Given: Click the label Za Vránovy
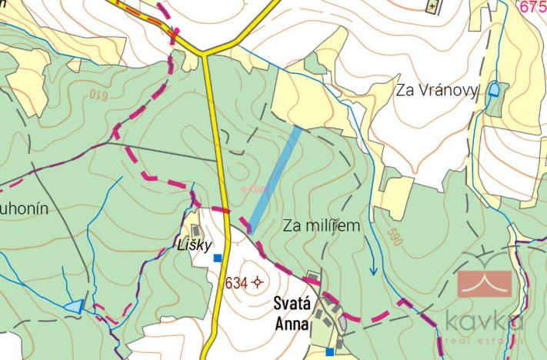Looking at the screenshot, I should pyautogui.click(x=437, y=90).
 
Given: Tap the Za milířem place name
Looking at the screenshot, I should pyautogui.click(x=322, y=225).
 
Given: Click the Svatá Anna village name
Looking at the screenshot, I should pyautogui.click(x=292, y=314).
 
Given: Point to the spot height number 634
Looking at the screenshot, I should pyautogui.click(x=236, y=283).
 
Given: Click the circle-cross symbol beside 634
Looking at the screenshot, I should pyautogui.click(x=257, y=283).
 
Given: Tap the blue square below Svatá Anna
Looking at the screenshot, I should pyautogui.click(x=329, y=352).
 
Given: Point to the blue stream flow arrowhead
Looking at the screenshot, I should pyautogui.click(x=373, y=270).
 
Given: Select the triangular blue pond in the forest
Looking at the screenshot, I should pyautogui.click(x=75, y=306).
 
